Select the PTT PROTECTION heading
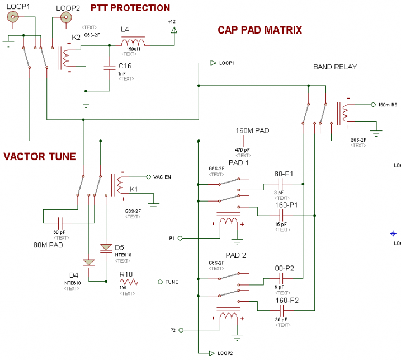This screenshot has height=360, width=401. pyautogui.click(x=130, y=8)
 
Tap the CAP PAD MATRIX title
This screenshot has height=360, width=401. pyautogui.click(x=260, y=30)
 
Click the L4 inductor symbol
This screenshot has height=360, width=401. pyautogui.click(x=133, y=43)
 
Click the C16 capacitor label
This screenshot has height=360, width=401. pyautogui.click(x=125, y=66)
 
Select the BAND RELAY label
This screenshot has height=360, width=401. pyautogui.click(x=335, y=67)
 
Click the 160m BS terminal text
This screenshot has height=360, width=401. pyautogui.click(x=388, y=105)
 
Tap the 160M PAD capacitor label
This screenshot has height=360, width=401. pyautogui.click(x=252, y=130)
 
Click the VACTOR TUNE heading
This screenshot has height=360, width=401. pyautogui.click(x=39, y=157)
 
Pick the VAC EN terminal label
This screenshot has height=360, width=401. pyautogui.click(x=162, y=177)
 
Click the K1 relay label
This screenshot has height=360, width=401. pyautogui.click(x=134, y=190)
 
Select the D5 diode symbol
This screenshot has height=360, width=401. pyautogui.click(x=106, y=247)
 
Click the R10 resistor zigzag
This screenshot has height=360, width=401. pyautogui.click(x=128, y=282)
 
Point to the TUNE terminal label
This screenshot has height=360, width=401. pyautogui.click(x=172, y=282)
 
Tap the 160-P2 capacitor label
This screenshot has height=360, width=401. pyautogui.click(x=287, y=300)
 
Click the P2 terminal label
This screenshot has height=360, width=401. pyautogui.click(x=173, y=330)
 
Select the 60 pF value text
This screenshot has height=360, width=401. pyautogui.click(x=59, y=232)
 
